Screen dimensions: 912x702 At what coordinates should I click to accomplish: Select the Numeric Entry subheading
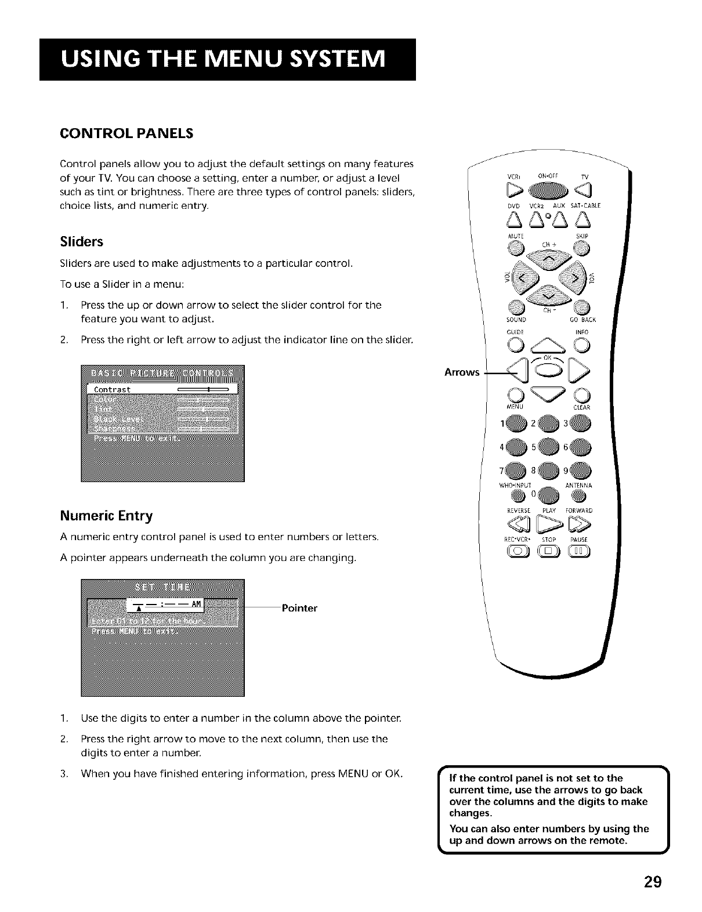click(106, 516)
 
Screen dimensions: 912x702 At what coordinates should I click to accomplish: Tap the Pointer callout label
click(299, 608)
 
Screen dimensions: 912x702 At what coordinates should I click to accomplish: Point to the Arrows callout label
click(462, 372)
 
